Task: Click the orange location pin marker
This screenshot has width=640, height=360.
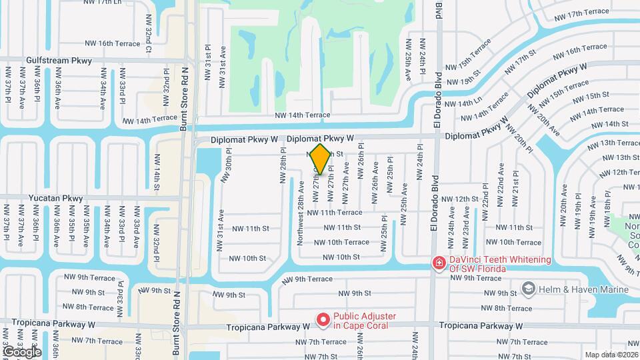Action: point(320,159)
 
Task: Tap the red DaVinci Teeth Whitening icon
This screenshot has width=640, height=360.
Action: point(439,263)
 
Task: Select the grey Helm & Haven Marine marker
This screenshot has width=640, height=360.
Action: point(529,289)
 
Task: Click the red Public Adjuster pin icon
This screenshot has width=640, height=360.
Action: point(323,321)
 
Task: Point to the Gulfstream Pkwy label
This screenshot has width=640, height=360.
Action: point(53,60)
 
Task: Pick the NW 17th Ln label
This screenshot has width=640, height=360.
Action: point(104,3)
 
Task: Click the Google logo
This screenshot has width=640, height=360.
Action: point(22,351)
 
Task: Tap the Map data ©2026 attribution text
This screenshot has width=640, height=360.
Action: point(610,354)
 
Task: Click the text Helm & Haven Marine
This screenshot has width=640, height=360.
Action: point(584,289)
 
